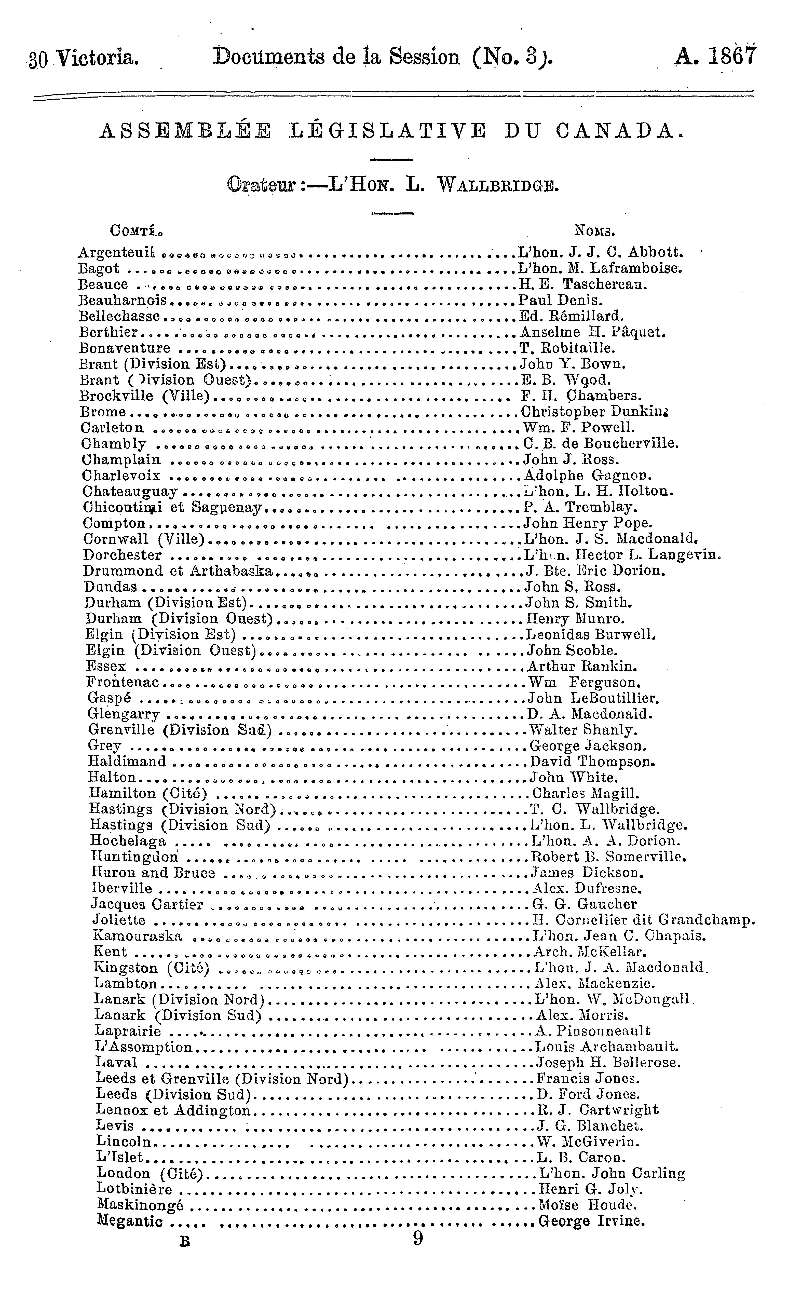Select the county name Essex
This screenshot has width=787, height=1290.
[x=106, y=667]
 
